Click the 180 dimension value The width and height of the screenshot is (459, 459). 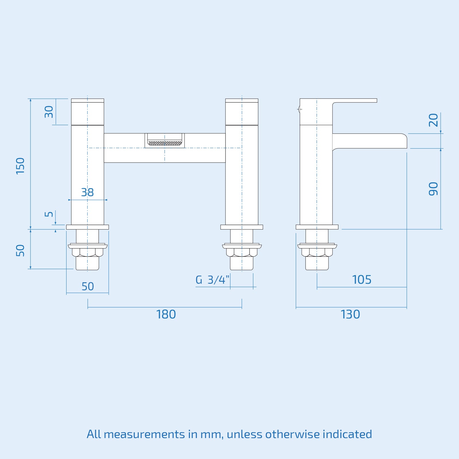coord(166,314)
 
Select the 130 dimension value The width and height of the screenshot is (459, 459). coord(350,314)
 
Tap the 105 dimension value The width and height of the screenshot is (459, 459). coord(361,280)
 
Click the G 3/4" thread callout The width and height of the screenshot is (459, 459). coord(212,280)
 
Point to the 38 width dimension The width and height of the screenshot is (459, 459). coord(87,192)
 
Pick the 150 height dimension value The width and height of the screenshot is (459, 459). coord(20,166)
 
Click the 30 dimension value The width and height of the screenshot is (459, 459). coord(49,112)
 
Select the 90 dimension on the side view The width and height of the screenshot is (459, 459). coord(433,189)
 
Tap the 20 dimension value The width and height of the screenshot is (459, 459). coord(433,120)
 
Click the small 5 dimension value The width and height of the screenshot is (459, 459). coord(49,214)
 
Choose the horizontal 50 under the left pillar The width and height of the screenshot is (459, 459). coord(87,286)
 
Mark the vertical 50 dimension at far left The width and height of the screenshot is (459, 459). coord(20,250)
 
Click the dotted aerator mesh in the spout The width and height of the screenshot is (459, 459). coord(165,143)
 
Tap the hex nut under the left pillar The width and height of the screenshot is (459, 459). coord(87,252)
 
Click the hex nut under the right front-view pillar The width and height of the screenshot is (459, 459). coord(242,252)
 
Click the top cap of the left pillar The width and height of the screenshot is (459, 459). coord(87,100)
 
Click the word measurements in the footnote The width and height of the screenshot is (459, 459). coord(144,434)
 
